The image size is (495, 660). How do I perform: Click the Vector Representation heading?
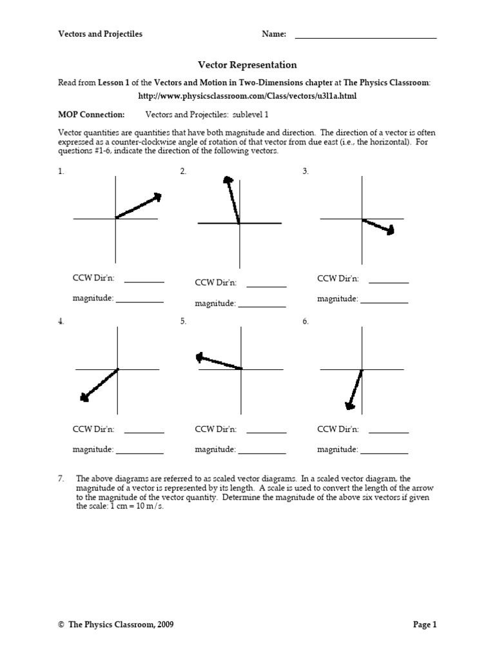point(247,65)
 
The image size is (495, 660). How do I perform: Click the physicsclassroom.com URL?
point(247,95)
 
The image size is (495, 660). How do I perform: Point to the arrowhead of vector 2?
point(227,181)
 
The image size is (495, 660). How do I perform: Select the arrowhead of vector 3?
point(389,230)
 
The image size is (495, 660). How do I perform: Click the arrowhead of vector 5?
point(200,356)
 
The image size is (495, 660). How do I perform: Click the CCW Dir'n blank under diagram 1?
point(144,282)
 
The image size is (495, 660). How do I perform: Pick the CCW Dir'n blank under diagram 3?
point(389,282)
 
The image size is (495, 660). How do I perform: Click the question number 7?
point(61,479)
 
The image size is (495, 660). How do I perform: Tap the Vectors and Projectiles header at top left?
point(101,34)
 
